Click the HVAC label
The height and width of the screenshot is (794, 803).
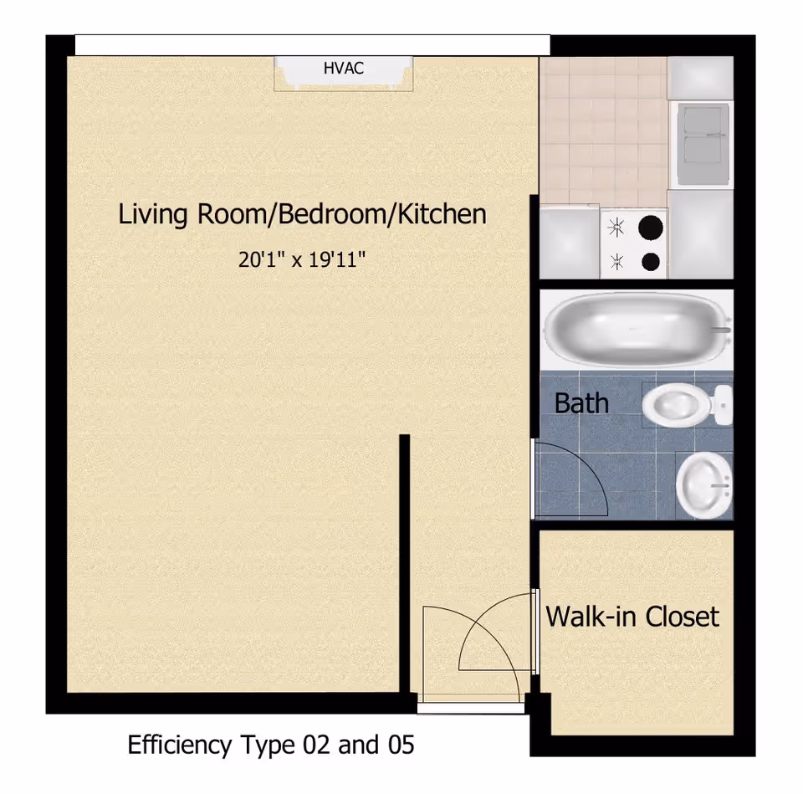click(x=344, y=69)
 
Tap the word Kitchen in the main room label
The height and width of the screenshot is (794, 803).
click(x=441, y=214)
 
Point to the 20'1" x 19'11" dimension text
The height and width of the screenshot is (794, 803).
click(x=303, y=259)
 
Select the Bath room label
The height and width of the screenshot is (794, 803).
click(x=581, y=402)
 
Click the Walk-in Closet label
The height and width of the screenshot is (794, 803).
click(x=632, y=617)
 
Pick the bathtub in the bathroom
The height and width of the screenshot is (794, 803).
click(x=634, y=328)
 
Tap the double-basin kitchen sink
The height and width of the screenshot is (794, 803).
click(x=703, y=143)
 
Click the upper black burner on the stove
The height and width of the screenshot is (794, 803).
click(x=651, y=227)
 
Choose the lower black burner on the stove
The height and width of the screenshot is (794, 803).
click(x=651, y=262)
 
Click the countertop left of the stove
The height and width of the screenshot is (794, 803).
click(x=569, y=243)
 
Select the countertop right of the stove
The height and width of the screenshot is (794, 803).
click(x=701, y=234)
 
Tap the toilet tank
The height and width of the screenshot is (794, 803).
click(x=723, y=406)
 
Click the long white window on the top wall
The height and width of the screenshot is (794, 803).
click(x=312, y=44)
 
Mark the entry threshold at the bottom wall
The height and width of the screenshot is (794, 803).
click(x=471, y=707)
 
